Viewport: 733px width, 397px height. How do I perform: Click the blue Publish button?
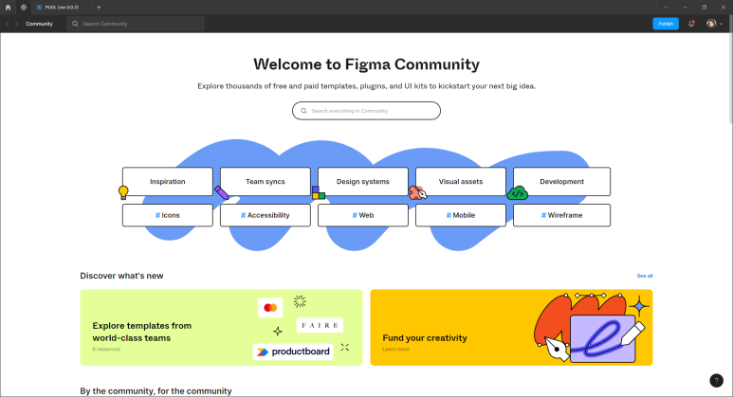click(666, 23)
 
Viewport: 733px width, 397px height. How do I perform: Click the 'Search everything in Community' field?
click(366, 111)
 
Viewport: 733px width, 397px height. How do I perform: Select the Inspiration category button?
click(168, 181)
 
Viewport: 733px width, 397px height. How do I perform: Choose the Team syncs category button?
click(266, 181)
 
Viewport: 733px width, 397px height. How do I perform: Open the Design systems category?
click(363, 181)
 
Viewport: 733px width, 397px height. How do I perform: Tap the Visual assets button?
click(461, 181)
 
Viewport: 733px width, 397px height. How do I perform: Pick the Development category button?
click(561, 181)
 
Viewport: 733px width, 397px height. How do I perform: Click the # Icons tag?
click(168, 215)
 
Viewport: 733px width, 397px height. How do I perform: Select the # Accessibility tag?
click(266, 215)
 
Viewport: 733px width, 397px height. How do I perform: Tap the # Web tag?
click(363, 215)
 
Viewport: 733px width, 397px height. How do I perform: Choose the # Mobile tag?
click(461, 215)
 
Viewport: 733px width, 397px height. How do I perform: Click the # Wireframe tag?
click(561, 215)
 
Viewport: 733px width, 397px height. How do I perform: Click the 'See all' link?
click(645, 276)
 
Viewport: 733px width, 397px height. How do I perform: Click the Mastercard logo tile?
click(270, 308)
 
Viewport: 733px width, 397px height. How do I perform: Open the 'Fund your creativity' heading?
click(425, 338)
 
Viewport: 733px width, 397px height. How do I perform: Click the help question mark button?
click(716, 380)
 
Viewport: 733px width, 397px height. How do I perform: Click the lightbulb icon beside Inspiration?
click(122, 192)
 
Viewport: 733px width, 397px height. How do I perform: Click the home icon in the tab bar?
click(9, 7)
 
